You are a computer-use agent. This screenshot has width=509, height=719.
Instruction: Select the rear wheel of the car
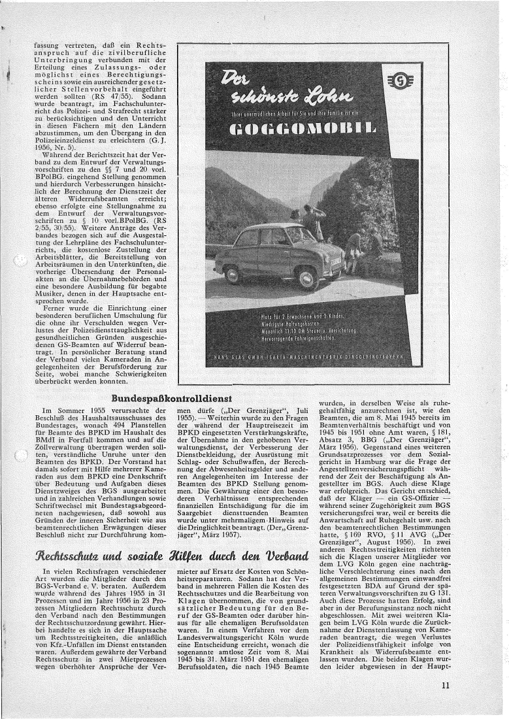click(237, 279)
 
